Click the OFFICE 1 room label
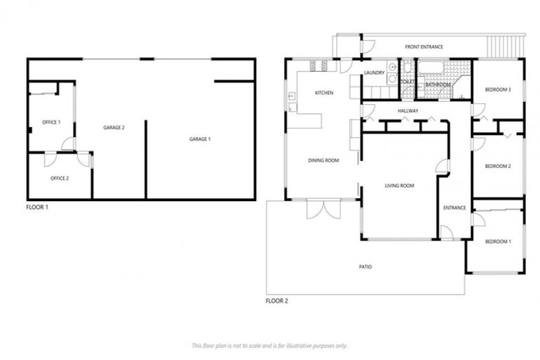pyautogui.click(x=51, y=122)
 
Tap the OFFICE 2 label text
pyautogui.click(x=60, y=179)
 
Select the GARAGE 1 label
pyautogui.click(x=200, y=139)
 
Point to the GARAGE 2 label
pyautogui.click(x=114, y=128)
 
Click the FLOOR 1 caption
pyautogui.click(x=37, y=208)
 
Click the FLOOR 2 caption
pyautogui.click(x=276, y=301)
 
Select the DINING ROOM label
pyautogui.click(x=323, y=160)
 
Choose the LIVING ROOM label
pyautogui.click(x=399, y=186)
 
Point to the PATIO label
pyautogui.click(x=365, y=267)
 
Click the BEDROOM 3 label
pyautogui.click(x=498, y=90)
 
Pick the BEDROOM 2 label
pyautogui.click(x=498, y=167)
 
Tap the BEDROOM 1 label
pyautogui.click(x=499, y=241)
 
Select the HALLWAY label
pyautogui.click(x=408, y=111)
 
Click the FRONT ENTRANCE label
pyautogui.click(x=424, y=47)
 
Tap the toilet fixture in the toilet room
pyautogui.click(x=408, y=68)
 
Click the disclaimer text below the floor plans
pyautogui.click(x=269, y=345)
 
